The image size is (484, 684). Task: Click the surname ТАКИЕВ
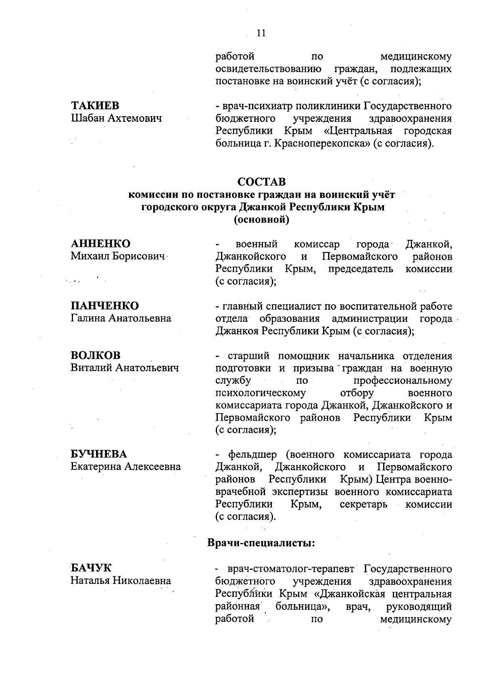[x=95, y=106]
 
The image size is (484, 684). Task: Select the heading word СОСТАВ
[x=261, y=182]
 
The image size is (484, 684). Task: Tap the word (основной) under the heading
[x=261, y=220]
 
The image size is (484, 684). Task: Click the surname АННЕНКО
[x=101, y=244]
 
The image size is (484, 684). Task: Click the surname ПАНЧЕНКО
[x=105, y=306]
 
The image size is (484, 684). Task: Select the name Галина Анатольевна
[x=121, y=318]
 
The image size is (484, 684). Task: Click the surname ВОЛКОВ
[x=96, y=355]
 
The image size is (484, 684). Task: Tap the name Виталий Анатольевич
[x=125, y=368]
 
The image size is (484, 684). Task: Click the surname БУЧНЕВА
[x=99, y=454]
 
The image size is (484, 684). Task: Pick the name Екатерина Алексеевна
[x=126, y=467]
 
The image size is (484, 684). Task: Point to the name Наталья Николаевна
[x=121, y=581]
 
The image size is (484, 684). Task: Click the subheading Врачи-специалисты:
[x=261, y=543]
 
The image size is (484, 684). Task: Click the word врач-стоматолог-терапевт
[x=290, y=569]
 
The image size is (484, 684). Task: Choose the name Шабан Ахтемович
[x=116, y=119]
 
